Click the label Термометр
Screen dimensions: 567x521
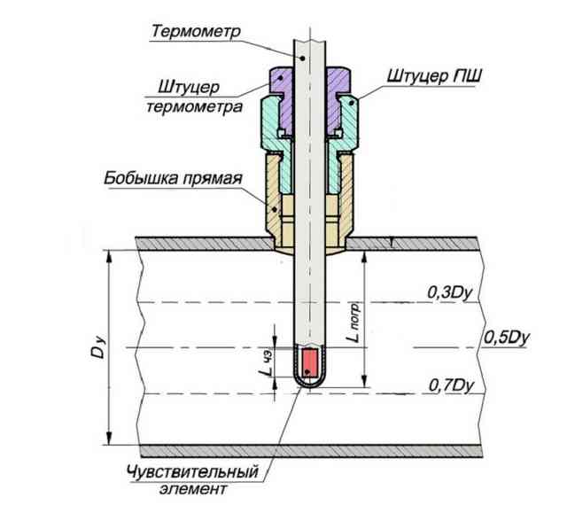[196, 32]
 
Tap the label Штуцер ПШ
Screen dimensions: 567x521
[434, 76]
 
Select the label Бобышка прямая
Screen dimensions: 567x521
[173, 178]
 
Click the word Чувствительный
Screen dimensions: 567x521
[193, 472]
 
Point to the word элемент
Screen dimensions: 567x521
[193, 489]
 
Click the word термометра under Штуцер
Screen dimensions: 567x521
[194, 107]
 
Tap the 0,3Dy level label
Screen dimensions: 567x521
[450, 293]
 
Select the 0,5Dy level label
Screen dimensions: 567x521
[506, 338]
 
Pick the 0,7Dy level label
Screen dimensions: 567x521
[451, 385]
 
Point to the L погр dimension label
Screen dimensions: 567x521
[353, 323]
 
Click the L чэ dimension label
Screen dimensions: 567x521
[268, 363]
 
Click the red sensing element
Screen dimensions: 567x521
[310, 362]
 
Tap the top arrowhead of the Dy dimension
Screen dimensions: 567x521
[108, 258]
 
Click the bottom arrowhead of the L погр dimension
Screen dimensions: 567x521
[365, 380]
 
